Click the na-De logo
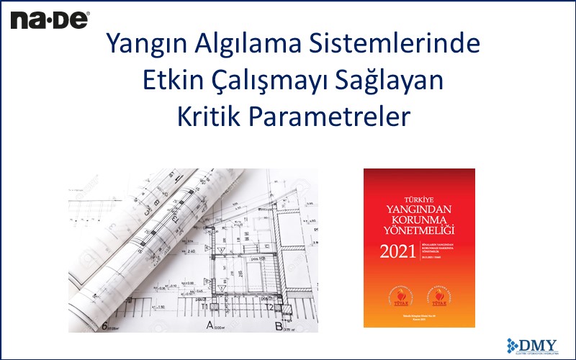pyautogui.click(x=49, y=19)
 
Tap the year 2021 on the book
pyautogui.click(x=398, y=252)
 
